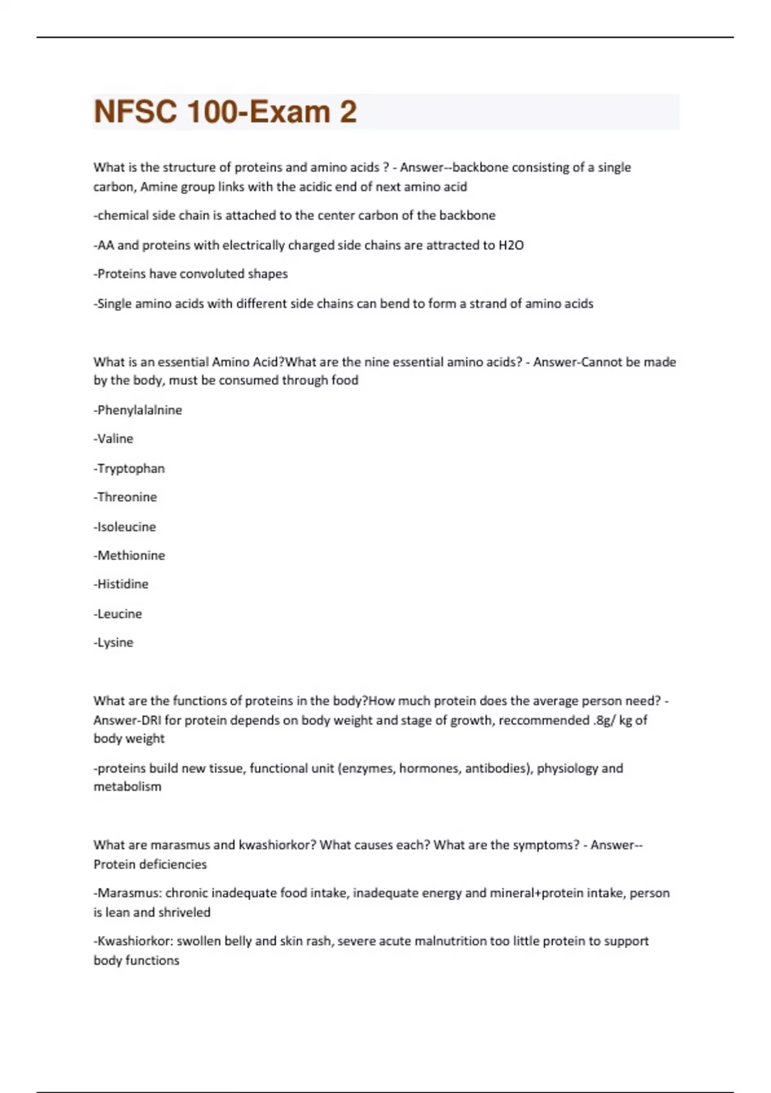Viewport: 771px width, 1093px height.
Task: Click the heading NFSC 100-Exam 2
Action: [225, 112]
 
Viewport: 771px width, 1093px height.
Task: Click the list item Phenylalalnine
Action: [139, 410]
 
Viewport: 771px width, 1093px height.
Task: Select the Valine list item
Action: [115, 438]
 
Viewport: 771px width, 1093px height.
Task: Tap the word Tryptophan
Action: [130, 468]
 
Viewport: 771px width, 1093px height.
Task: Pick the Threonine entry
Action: [127, 497]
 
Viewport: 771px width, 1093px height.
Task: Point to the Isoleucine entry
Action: [126, 527]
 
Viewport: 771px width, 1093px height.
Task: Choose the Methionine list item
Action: [130, 556]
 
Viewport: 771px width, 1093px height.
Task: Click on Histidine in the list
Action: [122, 584]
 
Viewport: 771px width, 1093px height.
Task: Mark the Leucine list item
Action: [119, 613]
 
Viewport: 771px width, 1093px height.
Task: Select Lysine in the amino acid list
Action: [115, 642]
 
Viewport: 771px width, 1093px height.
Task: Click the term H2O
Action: [511, 245]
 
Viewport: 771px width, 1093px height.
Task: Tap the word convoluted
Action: [213, 274]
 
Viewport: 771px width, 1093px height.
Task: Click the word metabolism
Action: [127, 787]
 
